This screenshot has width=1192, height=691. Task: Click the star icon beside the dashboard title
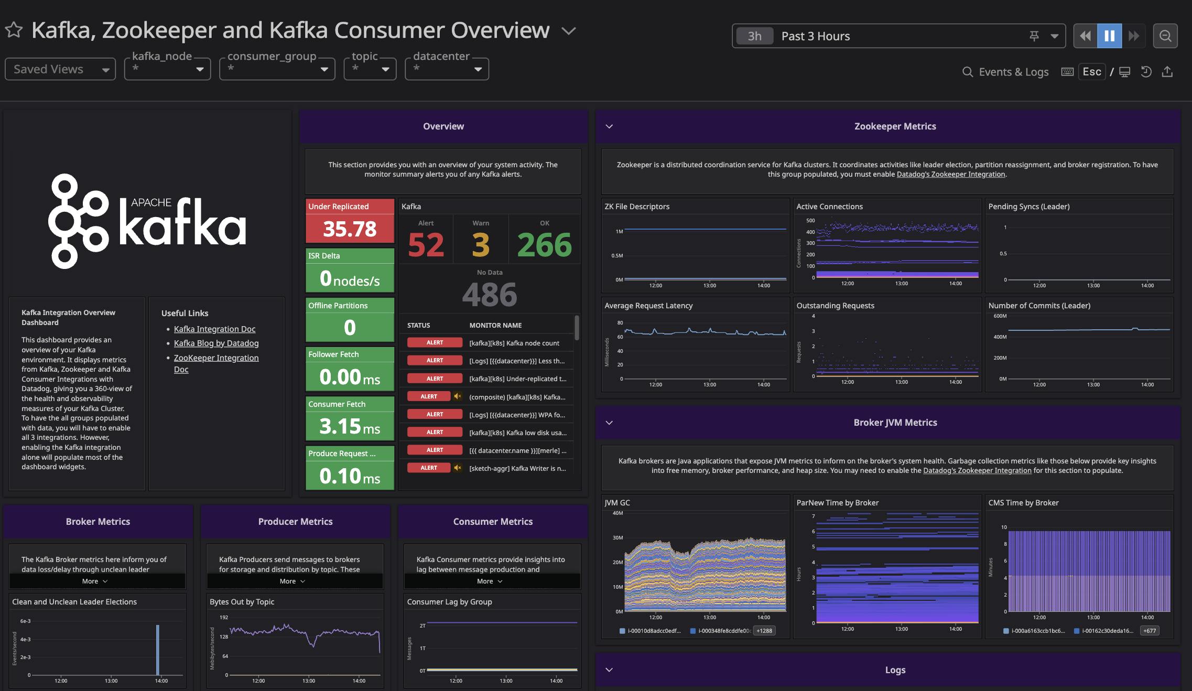(14, 30)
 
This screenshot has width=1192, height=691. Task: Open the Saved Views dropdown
(60, 69)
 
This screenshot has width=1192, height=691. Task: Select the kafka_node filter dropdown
(167, 69)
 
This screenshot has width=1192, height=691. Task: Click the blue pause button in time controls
(1109, 36)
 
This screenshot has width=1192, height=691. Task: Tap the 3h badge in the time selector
(754, 36)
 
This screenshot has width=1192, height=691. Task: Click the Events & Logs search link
(1005, 72)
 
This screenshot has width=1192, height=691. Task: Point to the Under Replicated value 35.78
(350, 229)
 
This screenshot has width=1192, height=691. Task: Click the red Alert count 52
(426, 245)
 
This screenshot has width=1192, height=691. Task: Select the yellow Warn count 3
(481, 245)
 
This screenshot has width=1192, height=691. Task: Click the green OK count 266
(544, 245)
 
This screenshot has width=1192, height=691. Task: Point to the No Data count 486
(489, 294)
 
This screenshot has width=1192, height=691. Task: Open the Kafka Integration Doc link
(214, 329)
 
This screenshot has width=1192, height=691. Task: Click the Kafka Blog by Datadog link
(216, 343)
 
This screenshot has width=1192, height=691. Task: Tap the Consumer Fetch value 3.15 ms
(350, 426)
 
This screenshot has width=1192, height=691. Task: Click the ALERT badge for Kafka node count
(435, 343)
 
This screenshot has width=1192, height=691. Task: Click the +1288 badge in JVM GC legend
(764, 631)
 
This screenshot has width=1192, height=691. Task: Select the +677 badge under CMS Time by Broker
(1149, 631)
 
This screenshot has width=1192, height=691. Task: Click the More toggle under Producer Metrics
(292, 581)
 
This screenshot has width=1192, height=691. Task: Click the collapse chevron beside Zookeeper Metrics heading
(609, 126)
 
